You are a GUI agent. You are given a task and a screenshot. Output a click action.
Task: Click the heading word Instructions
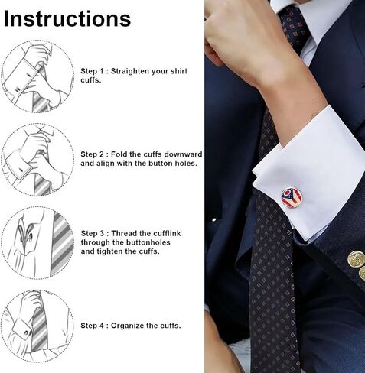[67, 19]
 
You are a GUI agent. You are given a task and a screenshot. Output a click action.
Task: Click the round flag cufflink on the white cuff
[292, 198]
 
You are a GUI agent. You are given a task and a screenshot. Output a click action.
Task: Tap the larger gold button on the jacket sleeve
[356, 258]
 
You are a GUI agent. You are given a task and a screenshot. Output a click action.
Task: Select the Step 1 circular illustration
[37, 76]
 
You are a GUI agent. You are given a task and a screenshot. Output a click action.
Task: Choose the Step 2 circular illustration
[37, 160]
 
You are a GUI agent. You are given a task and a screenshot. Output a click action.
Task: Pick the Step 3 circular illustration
[37, 242]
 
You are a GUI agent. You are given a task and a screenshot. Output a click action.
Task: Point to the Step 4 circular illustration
[37, 326]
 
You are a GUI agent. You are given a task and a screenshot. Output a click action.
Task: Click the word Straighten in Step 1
[130, 71]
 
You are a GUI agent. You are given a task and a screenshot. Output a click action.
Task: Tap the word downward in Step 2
[183, 154]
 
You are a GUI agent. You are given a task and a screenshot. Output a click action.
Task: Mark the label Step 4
[93, 326]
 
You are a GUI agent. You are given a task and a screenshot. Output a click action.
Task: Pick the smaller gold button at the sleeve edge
[362, 273]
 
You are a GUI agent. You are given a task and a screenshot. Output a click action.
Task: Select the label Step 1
[93, 71]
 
